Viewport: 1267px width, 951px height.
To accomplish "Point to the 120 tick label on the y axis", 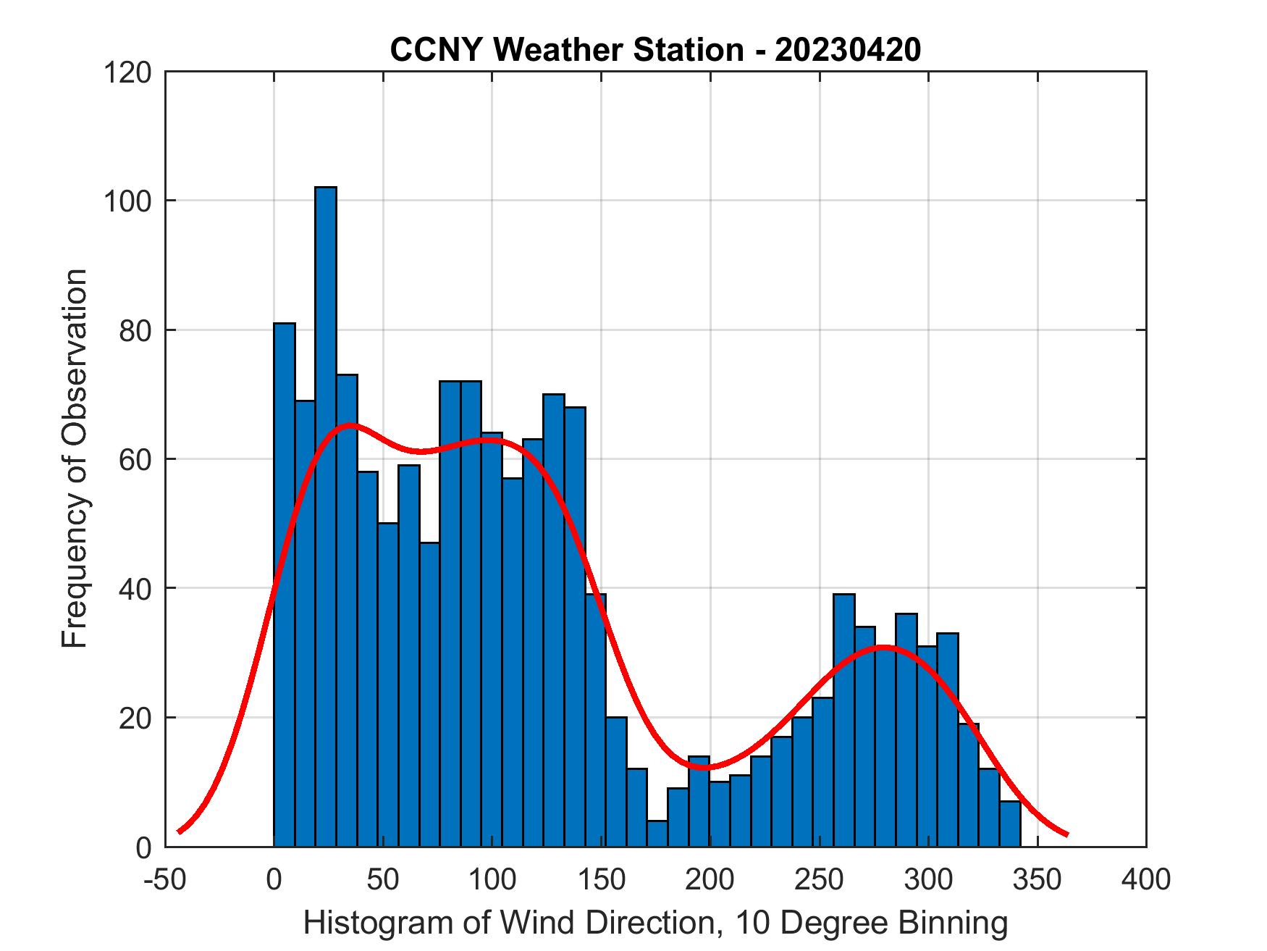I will point(127,72).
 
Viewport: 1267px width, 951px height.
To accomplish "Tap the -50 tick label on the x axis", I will point(167,880).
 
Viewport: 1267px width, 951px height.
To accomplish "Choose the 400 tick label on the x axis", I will point(1146,880).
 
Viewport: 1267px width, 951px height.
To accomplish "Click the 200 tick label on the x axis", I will point(710,880).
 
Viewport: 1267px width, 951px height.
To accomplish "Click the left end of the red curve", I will point(179,831).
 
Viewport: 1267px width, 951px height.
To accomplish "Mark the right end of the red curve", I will point(1066,834).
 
